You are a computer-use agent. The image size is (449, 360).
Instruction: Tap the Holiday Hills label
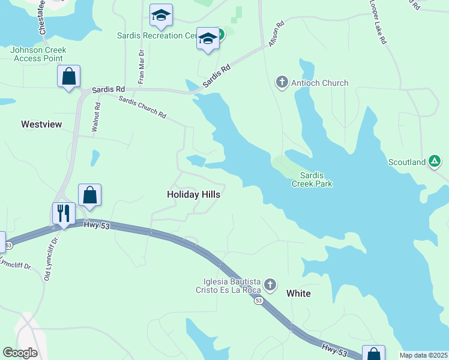[193, 194]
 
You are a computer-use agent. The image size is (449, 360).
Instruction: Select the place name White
[298, 293]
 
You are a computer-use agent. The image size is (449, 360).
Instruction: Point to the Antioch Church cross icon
[282, 82]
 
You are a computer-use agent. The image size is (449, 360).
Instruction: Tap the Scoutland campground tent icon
[435, 161]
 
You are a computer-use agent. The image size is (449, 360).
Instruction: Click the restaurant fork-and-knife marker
[62, 213]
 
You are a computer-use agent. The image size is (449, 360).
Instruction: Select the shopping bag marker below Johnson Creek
[69, 76]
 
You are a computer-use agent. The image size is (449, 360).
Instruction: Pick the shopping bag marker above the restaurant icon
[89, 195]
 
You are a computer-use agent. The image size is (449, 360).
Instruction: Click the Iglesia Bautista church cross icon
[270, 284]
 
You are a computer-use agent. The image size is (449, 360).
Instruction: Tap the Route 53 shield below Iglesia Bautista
[258, 301]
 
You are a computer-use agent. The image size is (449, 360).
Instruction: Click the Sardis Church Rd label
[142, 107]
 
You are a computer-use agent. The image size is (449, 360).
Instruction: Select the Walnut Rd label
[96, 117]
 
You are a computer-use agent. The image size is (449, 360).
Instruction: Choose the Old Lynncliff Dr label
[52, 259]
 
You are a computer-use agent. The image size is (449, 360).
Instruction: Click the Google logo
[20, 353]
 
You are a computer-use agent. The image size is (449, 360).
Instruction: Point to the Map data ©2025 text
[424, 355]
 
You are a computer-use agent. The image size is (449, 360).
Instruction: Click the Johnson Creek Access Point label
[38, 54]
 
